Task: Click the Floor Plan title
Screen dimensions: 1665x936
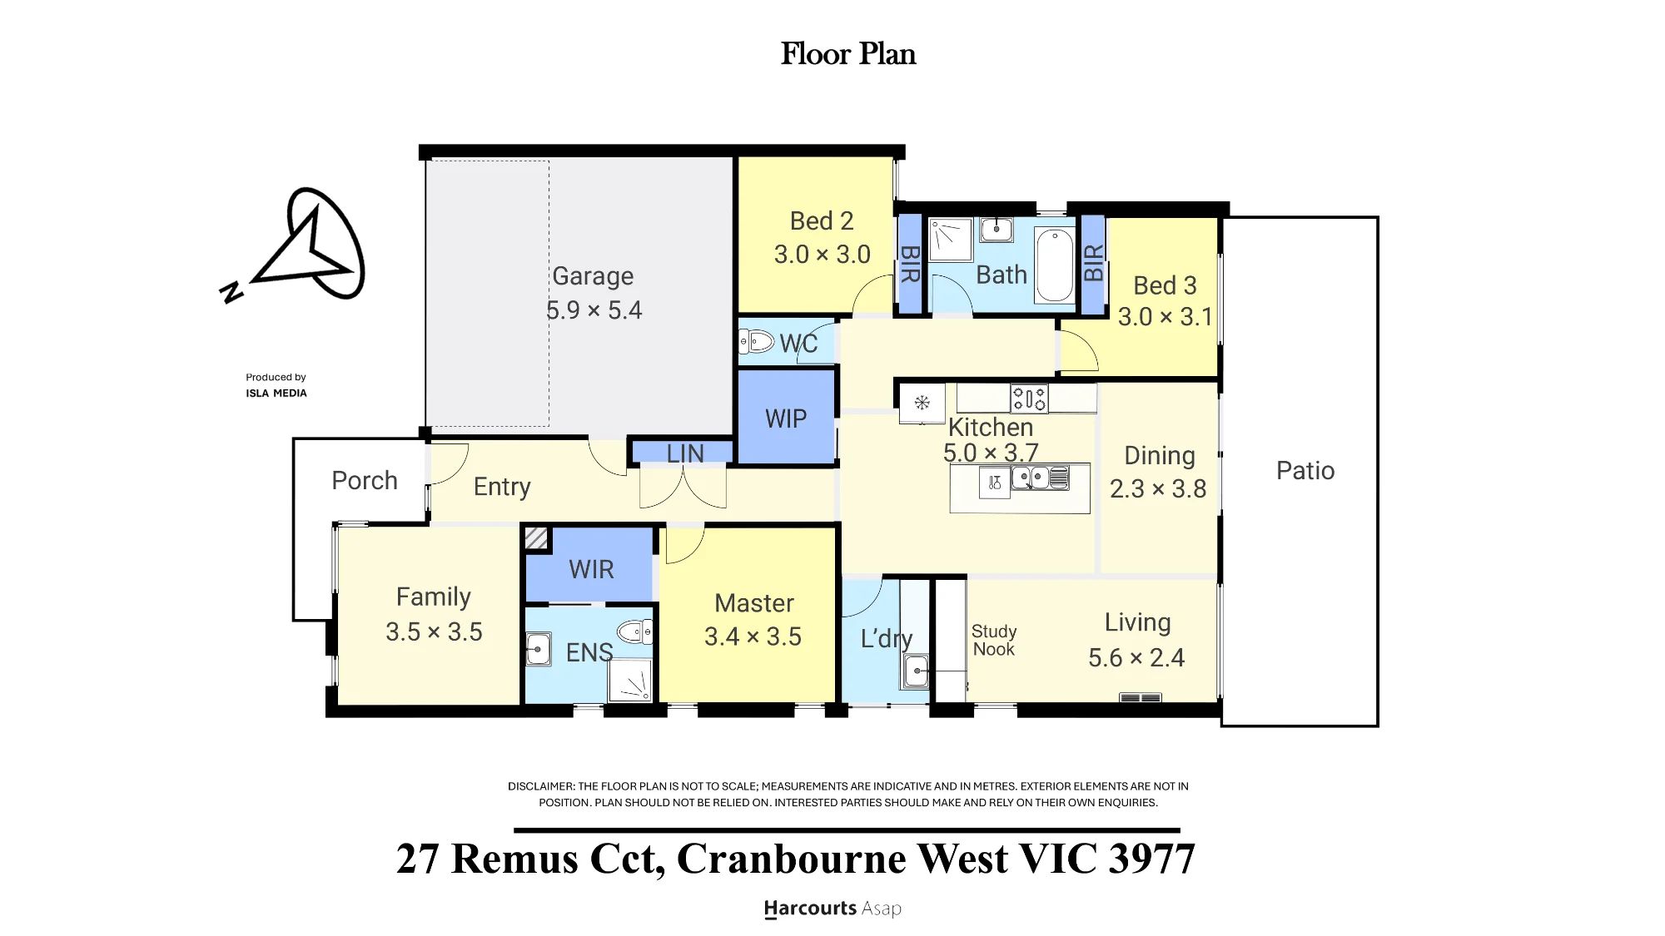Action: click(x=848, y=54)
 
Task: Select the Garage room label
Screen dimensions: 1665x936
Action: click(x=593, y=275)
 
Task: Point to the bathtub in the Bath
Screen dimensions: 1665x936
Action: click(x=1055, y=265)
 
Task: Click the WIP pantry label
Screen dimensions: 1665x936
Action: click(x=786, y=418)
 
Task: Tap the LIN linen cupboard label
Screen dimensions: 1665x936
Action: click(x=685, y=453)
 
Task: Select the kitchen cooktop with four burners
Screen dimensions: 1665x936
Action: click(x=1029, y=399)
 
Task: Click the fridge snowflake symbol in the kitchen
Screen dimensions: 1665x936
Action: click(x=922, y=403)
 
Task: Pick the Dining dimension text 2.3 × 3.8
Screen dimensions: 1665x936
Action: click(x=1158, y=488)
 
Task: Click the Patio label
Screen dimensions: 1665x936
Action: click(x=1305, y=470)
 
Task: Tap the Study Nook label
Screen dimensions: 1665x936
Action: click(x=994, y=640)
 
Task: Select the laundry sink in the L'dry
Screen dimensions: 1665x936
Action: click(x=916, y=670)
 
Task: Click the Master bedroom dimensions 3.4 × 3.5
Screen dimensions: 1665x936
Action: click(x=753, y=636)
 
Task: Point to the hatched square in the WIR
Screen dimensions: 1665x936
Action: click(x=536, y=538)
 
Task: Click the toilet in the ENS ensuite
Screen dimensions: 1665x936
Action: click(x=635, y=631)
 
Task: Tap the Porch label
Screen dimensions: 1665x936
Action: click(x=365, y=480)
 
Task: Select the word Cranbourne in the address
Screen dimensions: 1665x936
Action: click(x=791, y=859)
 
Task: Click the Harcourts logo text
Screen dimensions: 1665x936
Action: click(x=810, y=908)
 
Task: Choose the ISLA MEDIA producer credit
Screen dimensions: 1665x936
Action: click(x=276, y=393)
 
